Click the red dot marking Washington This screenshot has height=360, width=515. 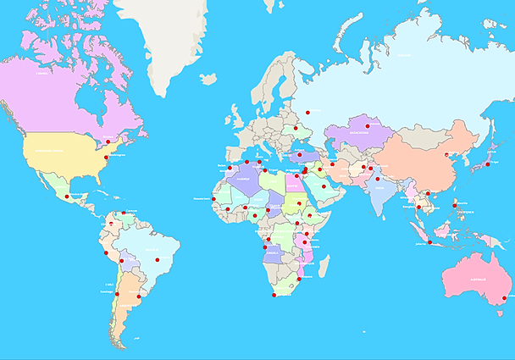pyautogui.click(x=105, y=157)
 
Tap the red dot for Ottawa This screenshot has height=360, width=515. pyautogui.click(x=108, y=140)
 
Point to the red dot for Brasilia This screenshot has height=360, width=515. pyautogui.click(x=157, y=259)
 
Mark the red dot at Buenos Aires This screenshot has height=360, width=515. pyautogui.click(x=138, y=296)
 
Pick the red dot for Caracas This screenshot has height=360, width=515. pyautogui.click(x=124, y=213)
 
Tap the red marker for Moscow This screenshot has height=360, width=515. pyautogui.click(x=308, y=112)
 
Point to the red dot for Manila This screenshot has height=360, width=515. pyautogui.click(x=455, y=205)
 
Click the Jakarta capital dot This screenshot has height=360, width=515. pyautogui.click(x=430, y=243)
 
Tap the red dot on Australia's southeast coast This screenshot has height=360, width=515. pyautogui.click(x=504, y=298)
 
